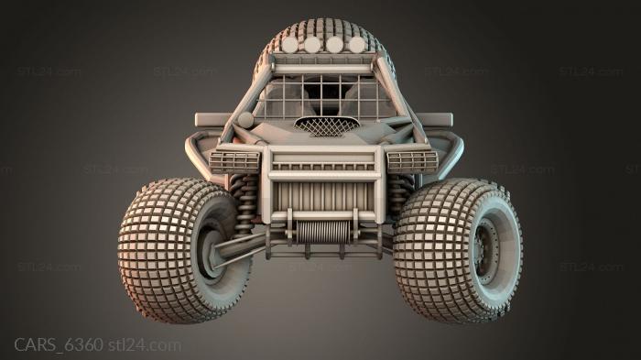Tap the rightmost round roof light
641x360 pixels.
click(356, 44)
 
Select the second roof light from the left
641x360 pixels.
click(313, 44)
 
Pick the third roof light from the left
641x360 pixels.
click(335, 44)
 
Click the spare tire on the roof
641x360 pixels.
click(323, 27)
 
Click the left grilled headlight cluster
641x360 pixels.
click(234, 161)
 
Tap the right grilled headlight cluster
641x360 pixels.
click(412, 161)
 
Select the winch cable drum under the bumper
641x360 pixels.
click(323, 230)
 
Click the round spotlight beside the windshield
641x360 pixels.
click(245, 120)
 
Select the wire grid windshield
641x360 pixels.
click(323, 97)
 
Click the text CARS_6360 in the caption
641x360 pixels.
click(57, 345)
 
